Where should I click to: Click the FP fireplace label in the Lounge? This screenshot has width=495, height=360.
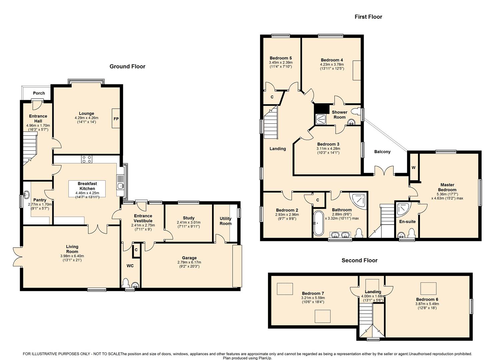(x=116, y=119)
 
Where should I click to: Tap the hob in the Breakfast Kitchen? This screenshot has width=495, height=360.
(x=87, y=159)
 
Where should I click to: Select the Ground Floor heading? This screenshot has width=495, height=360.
(x=127, y=66)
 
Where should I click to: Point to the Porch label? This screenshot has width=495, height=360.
(x=39, y=93)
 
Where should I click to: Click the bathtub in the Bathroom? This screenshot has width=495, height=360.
(x=318, y=223)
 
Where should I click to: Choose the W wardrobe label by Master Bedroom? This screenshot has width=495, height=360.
(x=413, y=168)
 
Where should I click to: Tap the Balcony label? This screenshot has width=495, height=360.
(x=382, y=152)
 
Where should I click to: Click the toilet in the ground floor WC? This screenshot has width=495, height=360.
(x=126, y=283)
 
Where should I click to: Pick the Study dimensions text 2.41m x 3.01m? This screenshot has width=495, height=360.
(x=189, y=222)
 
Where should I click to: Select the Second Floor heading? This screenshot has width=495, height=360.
(x=360, y=260)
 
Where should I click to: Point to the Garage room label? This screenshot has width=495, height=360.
(x=189, y=258)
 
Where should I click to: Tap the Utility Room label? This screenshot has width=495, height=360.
(x=225, y=221)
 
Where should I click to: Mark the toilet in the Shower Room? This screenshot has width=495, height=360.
(x=356, y=111)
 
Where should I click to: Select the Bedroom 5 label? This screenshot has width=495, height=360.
(x=281, y=58)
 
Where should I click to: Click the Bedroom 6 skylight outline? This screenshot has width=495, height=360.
(x=428, y=289)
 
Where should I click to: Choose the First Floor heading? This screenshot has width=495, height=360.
(x=368, y=17)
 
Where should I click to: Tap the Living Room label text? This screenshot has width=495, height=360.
(x=72, y=249)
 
